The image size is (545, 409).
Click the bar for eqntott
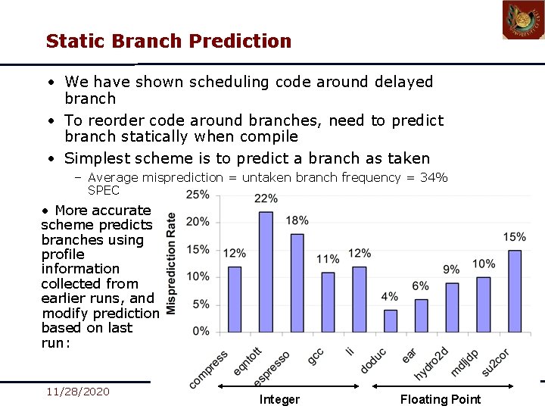266,271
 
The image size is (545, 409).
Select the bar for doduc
391,320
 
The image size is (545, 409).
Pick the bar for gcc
328,301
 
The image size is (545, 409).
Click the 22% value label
266,198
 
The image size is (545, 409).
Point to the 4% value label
390,296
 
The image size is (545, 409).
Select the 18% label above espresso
297,220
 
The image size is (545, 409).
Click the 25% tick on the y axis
198,195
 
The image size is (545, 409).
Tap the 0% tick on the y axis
201,332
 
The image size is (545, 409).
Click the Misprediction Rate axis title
171,263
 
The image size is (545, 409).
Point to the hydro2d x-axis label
432,363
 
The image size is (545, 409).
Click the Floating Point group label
440,399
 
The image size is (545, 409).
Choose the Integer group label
279,399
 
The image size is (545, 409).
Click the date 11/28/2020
77,392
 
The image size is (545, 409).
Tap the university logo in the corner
523,20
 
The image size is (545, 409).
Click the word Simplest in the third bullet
97,158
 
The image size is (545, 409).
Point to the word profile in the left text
63,254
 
